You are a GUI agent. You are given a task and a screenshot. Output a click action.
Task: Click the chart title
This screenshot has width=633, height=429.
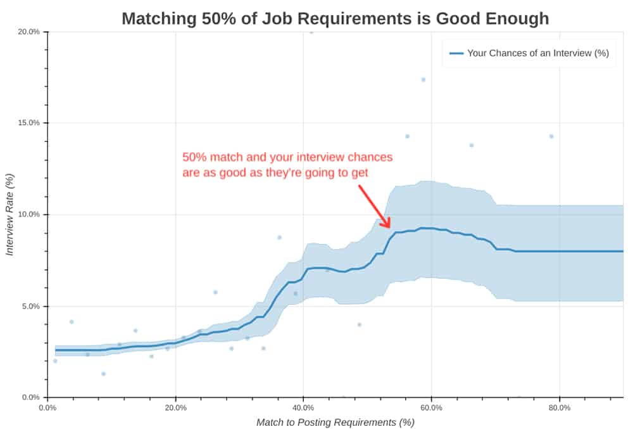point(335,18)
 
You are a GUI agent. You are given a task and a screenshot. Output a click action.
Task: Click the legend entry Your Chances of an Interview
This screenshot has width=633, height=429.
point(537,53)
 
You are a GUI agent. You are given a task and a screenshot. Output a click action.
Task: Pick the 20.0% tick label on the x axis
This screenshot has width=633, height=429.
point(175,407)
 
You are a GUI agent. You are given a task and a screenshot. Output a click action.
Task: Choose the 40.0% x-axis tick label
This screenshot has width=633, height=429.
point(303,407)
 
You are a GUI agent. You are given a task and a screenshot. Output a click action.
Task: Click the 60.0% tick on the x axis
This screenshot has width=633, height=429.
point(431,407)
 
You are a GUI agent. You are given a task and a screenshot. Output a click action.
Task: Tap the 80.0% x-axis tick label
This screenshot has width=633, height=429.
point(560,407)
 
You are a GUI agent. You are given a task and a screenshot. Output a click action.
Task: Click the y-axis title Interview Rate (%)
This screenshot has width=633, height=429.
point(10,215)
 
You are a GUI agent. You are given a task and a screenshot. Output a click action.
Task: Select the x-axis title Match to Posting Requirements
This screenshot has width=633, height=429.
point(335,422)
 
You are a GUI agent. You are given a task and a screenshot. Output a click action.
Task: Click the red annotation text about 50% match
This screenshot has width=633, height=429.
point(287,164)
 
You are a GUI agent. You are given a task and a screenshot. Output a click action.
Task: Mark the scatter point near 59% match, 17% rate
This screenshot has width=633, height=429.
point(423,80)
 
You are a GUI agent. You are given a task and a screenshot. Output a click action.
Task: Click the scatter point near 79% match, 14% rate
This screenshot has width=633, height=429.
point(551,136)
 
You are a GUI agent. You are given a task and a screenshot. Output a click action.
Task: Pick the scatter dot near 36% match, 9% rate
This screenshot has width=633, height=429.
point(279,237)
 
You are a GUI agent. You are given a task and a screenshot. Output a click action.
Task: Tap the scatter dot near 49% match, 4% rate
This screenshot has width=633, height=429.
point(359,324)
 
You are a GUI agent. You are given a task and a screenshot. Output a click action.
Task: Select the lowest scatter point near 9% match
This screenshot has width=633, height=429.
point(103,374)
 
